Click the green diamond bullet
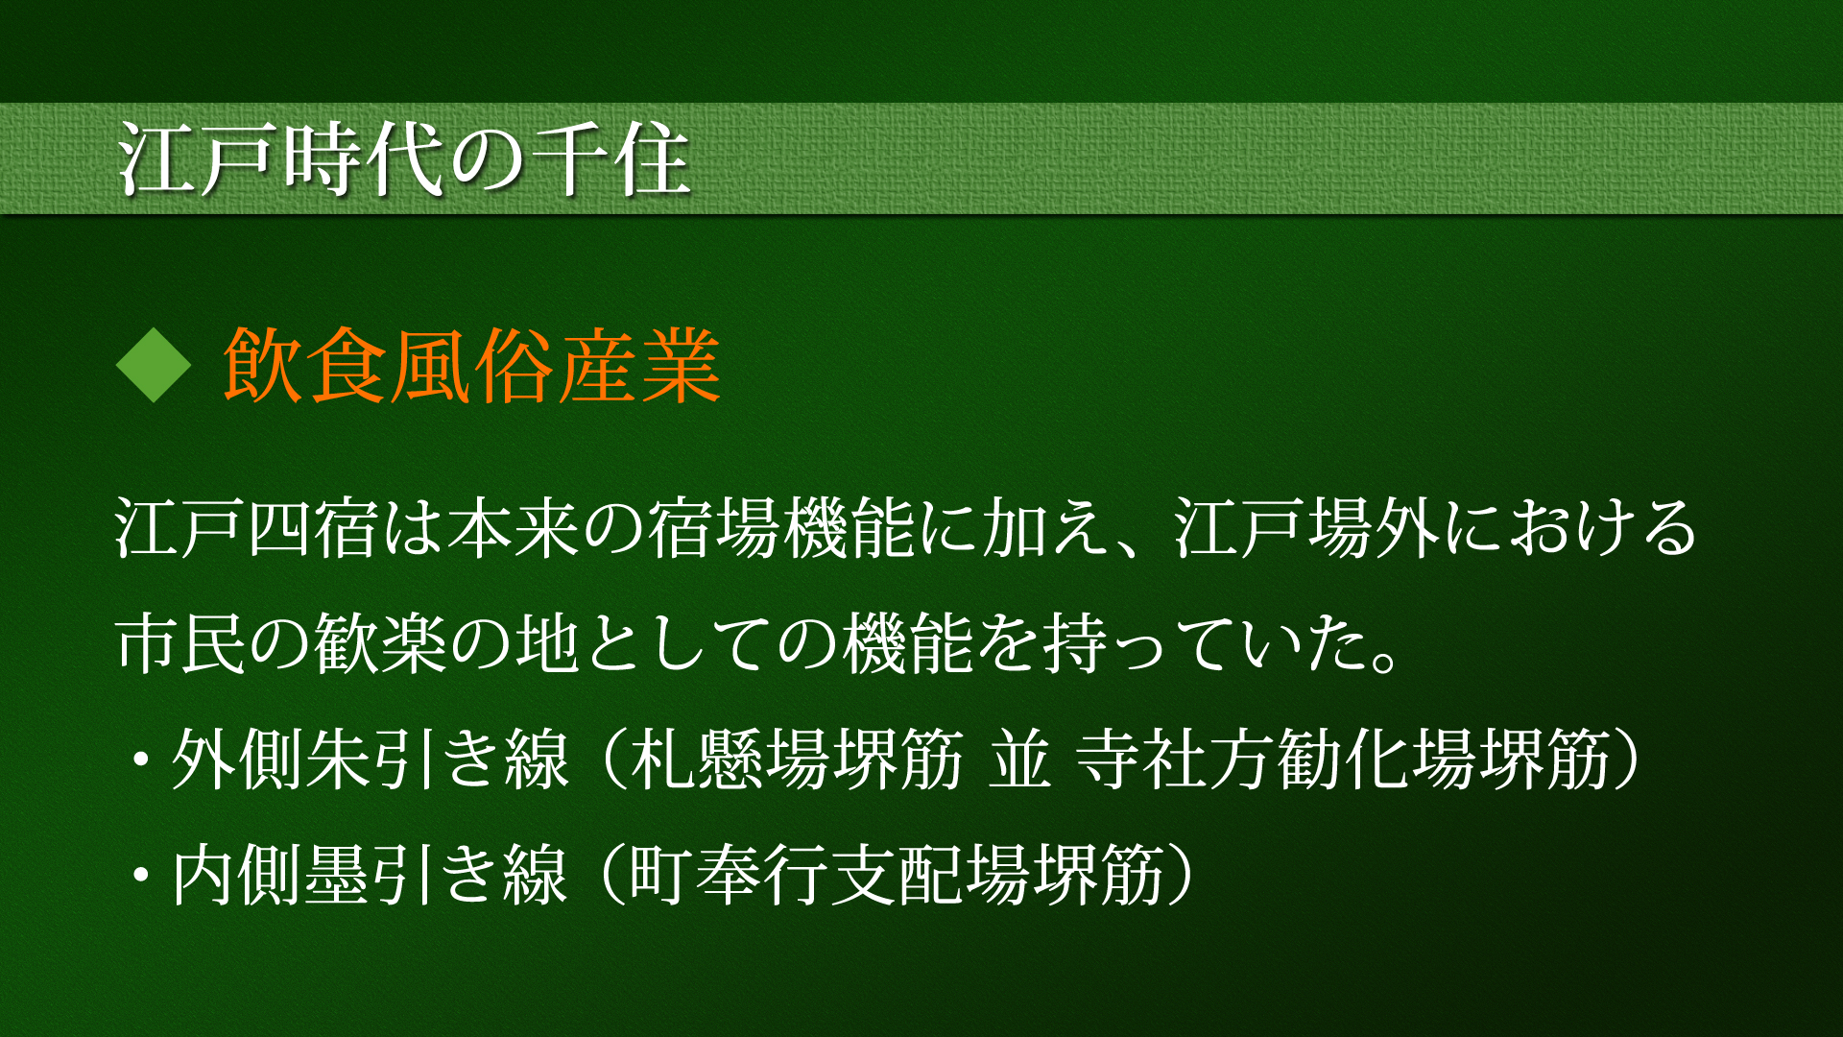point(154,365)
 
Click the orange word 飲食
point(305,365)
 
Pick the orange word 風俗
point(472,365)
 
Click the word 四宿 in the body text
point(312,527)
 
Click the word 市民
point(180,642)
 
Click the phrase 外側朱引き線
point(371,759)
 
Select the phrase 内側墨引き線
point(371,874)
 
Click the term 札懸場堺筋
point(797,759)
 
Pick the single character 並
point(1020,759)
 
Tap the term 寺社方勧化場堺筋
point(1344,759)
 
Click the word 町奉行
point(730,874)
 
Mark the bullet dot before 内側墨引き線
point(142,875)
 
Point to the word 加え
point(1046,527)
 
